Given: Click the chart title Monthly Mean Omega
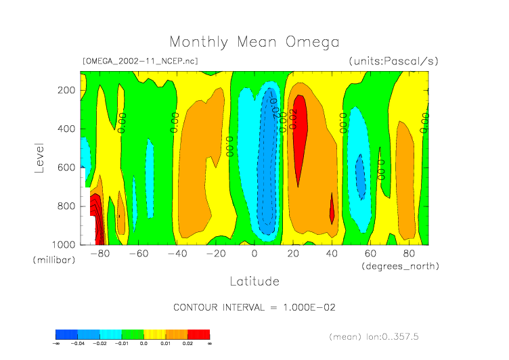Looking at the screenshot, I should tap(254, 43).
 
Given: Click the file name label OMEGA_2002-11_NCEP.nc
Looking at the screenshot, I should tap(139, 61).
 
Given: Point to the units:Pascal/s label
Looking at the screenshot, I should tap(393, 61).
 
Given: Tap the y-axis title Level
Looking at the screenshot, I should tap(39, 156).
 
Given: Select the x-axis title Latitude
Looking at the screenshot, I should tap(254, 281).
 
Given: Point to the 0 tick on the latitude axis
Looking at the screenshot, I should tap(255, 254).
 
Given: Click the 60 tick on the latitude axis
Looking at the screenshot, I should tap(370, 254).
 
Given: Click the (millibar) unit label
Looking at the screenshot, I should tap(52, 260).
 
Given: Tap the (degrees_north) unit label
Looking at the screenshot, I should tap(400, 266).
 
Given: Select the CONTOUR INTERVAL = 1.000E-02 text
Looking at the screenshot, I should tap(255, 307).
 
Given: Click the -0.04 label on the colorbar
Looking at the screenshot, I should tap(79, 344).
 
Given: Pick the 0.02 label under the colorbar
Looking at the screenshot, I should tap(188, 344).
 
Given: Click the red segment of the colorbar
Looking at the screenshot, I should tap(198, 334).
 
